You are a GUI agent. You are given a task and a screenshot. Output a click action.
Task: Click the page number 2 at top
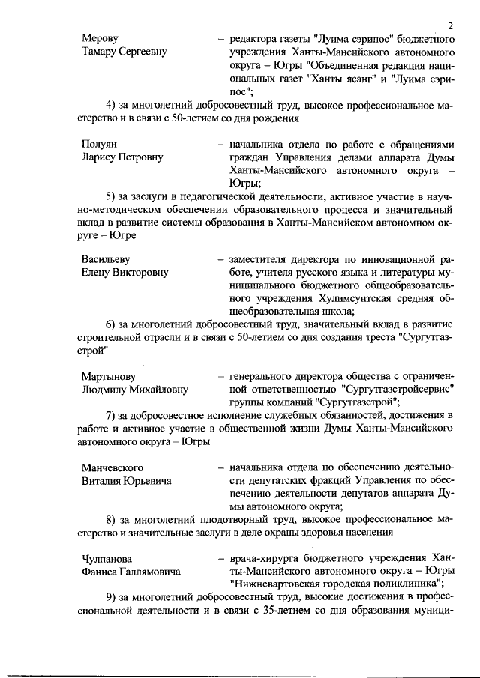click(450, 26)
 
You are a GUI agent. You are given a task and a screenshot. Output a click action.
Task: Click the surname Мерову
click(100, 38)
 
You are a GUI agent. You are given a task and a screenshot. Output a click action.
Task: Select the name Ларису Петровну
click(122, 157)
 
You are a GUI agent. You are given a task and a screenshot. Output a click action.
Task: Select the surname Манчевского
click(112, 467)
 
